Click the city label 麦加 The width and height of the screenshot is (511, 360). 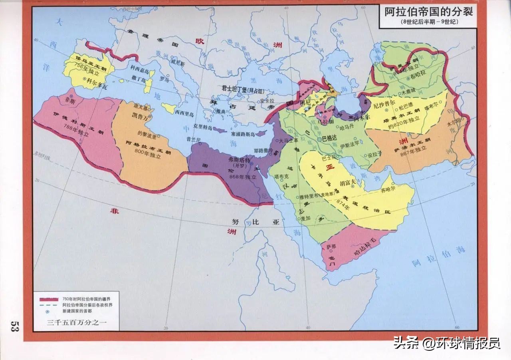305,219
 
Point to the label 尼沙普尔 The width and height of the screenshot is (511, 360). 383,107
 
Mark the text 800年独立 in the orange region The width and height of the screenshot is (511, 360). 146,152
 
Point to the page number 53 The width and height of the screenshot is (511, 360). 15,326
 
